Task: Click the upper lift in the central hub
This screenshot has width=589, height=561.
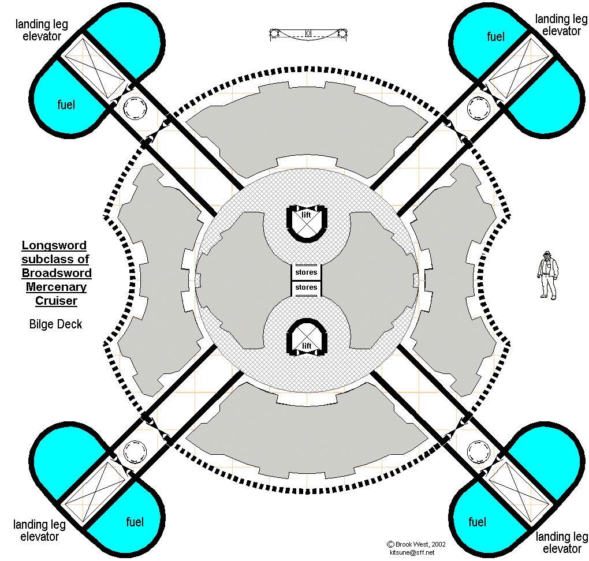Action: [307, 222]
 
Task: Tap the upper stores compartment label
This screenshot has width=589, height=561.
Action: [306, 272]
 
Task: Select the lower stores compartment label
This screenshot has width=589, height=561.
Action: [306, 287]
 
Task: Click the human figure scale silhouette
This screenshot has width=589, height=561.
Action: [547, 275]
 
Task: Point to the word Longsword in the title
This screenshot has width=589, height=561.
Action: [54, 246]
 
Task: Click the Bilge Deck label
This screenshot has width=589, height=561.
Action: [55, 324]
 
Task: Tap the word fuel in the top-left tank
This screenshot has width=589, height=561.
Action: [66, 105]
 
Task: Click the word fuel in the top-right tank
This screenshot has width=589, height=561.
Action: [495, 37]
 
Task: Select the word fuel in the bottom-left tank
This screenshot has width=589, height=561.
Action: [135, 522]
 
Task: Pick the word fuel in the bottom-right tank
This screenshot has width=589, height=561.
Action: [478, 522]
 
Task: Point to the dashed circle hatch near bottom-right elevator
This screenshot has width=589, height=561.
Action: [478, 451]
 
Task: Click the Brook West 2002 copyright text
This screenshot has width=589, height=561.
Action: [416, 544]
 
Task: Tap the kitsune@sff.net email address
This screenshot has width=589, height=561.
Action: [412, 552]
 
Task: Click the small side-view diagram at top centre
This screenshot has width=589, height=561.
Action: [308, 33]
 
